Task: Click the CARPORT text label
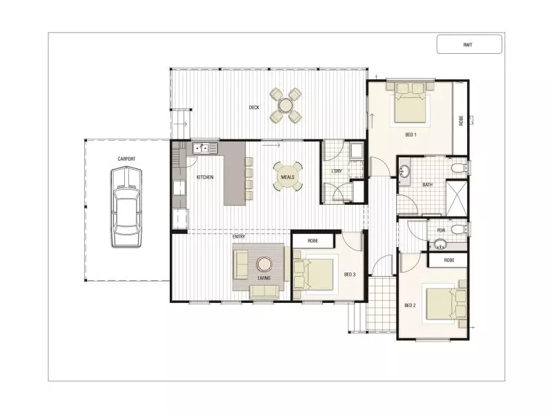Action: coord(126,159)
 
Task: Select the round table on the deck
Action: coord(285,106)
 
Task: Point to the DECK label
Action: coord(254,108)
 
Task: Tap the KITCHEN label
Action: coord(205,178)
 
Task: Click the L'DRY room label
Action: coord(337,170)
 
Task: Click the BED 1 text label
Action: coord(411,135)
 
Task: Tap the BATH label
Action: coord(427,185)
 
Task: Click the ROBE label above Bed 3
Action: coord(313,240)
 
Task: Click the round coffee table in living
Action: coord(264,264)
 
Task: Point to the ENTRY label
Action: coord(239,237)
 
